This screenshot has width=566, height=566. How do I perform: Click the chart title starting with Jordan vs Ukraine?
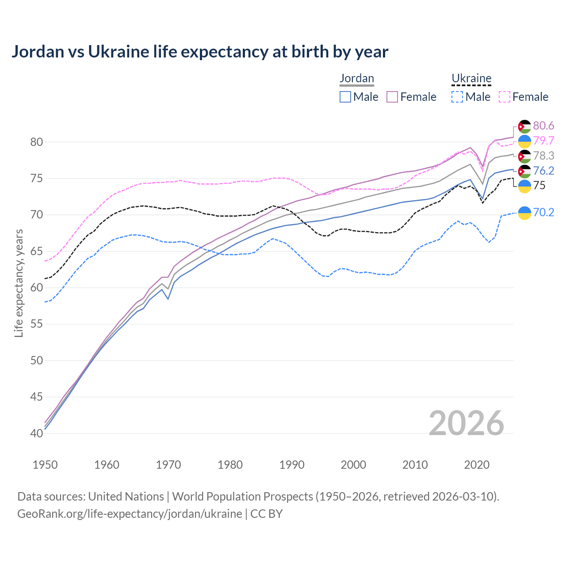click(x=200, y=52)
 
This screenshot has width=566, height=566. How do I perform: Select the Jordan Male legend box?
click(x=345, y=97)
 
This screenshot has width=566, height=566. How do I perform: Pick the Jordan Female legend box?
click(x=393, y=97)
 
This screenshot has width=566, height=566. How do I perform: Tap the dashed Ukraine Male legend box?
click(x=457, y=97)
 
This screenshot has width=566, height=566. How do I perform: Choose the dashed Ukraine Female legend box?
click(x=505, y=97)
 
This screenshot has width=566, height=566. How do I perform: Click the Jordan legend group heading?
click(x=357, y=78)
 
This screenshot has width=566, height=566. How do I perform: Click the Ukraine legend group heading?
click(x=471, y=78)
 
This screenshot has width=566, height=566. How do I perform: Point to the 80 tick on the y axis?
click(x=36, y=142)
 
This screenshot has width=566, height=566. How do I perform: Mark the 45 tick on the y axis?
click(x=36, y=397)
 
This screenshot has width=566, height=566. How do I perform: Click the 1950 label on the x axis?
click(x=45, y=465)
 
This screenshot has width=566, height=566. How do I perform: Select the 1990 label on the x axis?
click(x=292, y=465)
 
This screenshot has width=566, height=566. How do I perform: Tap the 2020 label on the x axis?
click(x=477, y=465)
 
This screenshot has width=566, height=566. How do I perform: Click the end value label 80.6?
click(x=543, y=126)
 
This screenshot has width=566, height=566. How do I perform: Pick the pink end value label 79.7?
click(x=543, y=141)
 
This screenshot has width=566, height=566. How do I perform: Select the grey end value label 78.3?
click(x=543, y=156)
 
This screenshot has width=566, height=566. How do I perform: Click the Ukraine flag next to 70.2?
click(x=524, y=213)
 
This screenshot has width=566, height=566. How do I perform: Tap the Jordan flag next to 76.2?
click(x=524, y=171)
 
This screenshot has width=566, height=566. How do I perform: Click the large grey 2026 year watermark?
click(x=467, y=423)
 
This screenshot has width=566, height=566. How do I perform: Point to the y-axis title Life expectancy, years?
click(x=19, y=283)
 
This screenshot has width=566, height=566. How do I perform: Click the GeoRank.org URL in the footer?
click(x=130, y=514)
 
